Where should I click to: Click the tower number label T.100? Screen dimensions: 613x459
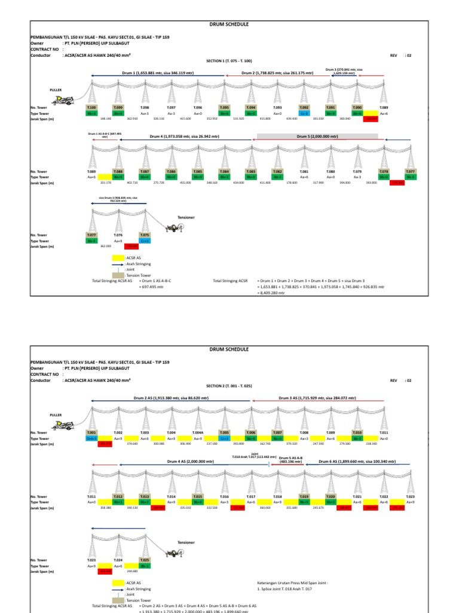pos(91,108)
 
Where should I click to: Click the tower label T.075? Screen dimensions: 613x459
pos(145,235)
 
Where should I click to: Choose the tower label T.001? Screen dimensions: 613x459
pos(91,432)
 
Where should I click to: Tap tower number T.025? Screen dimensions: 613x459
pos(145,560)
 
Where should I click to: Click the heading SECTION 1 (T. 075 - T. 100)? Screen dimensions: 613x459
pos(229,61)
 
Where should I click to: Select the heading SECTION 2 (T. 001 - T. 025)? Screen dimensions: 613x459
pos(229,386)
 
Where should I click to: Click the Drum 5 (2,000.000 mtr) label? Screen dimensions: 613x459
pos(317,136)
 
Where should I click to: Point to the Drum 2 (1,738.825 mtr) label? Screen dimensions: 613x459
pos(277,72)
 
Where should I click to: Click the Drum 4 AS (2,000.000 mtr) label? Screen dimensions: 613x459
pos(191,462)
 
